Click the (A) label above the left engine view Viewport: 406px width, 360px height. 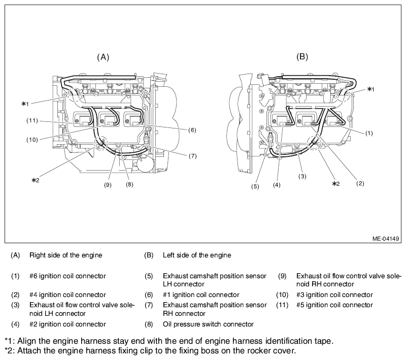click(103, 57)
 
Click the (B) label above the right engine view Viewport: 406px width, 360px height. click(302, 57)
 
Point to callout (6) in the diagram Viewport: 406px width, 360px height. click(191, 130)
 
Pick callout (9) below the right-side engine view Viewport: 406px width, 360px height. click(108, 185)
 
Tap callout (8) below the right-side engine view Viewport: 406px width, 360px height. click(129, 185)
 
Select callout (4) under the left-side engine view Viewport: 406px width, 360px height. click(276, 185)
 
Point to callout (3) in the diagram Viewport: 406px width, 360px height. click(302, 176)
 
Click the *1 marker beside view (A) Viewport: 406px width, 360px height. click(25, 104)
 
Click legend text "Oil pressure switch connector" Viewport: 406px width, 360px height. click(208, 323)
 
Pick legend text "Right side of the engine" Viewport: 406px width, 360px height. click(65, 254)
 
